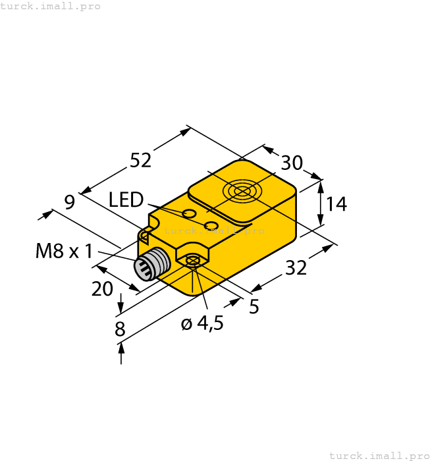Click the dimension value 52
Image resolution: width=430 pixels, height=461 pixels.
coord(140,160)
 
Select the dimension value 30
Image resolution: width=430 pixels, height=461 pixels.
coord(292,163)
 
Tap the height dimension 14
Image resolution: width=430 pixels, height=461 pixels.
coord(336,204)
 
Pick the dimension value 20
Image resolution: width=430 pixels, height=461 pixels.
coord(102,288)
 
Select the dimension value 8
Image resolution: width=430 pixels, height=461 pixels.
coord(120,329)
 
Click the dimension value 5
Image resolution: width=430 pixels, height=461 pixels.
coord(254,307)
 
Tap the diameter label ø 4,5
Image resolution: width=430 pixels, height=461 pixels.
coord(202,323)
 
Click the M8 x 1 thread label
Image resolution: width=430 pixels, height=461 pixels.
coord(64,251)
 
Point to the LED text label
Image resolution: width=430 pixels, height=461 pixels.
coord(126,199)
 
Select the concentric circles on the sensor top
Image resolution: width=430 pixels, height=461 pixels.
coord(241,192)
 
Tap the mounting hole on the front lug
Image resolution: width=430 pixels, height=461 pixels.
coord(192,261)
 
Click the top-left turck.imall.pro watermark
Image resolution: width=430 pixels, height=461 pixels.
coord(51,6)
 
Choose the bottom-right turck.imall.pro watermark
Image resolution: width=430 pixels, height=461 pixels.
coord(379,455)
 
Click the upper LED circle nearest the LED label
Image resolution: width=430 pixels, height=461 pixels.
coord(189,213)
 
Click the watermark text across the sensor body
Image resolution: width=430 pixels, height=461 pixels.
coord(215,231)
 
